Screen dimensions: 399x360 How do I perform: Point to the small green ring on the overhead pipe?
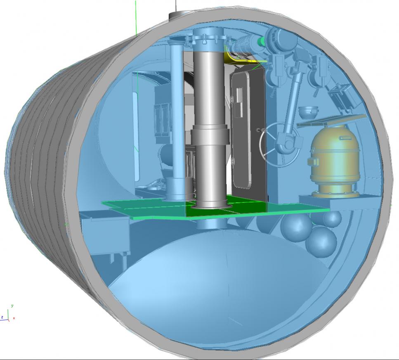[261, 41]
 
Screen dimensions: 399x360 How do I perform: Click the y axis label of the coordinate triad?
[12, 306]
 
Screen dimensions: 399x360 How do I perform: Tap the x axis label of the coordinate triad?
[14, 318]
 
